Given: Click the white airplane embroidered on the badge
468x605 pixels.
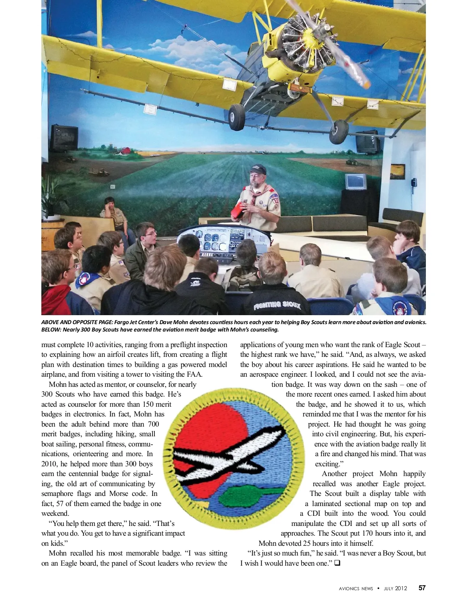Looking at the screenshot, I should click(x=230, y=454).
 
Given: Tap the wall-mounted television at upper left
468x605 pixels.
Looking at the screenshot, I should click(x=64, y=138).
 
